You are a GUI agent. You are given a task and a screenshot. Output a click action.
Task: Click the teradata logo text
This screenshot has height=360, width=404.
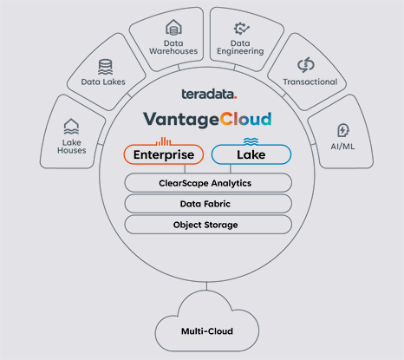click(x=208, y=94)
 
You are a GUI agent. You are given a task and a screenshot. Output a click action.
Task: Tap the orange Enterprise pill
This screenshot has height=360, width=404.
click(x=164, y=154)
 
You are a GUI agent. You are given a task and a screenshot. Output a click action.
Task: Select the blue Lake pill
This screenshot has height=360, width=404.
click(x=251, y=154)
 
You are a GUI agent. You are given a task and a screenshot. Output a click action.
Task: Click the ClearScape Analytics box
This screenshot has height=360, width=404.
click(x=208, y=183)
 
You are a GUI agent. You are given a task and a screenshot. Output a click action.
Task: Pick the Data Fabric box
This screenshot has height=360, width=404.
click(x=208, y=204)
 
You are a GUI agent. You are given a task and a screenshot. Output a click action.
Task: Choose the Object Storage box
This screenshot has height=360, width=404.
click(x=208, y=225)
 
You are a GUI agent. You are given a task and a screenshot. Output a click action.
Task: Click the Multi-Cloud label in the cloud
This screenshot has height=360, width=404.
click(x=207, y=331)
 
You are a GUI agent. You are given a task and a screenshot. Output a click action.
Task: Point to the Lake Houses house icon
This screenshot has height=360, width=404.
click(x=71, y=127)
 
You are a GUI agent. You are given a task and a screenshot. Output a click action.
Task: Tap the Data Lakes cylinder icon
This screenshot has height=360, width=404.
click(x=105, y=67)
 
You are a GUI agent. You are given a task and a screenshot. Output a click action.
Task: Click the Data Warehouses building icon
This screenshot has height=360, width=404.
click(x=173, y=28)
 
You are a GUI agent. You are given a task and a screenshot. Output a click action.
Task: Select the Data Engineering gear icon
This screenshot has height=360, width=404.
click(x=241, y=29)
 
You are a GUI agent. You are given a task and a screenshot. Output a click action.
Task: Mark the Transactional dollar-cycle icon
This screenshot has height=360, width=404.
click(x=306, y=65)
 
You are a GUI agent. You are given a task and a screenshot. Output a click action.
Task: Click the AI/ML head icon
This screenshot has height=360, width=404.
click(x=343, y=130)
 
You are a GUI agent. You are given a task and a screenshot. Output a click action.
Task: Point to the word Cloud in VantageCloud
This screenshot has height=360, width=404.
click(x=245, y=119)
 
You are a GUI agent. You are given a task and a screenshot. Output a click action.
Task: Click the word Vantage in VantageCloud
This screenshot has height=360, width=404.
click(x=181, y=120)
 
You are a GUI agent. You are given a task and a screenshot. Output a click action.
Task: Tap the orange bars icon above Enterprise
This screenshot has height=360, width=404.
click(x=163, y=141)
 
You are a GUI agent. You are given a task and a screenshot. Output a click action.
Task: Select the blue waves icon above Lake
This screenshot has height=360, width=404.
click(x=251, y=141)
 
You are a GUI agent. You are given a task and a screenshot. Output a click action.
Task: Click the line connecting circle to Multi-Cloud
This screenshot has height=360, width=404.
click(x=206, y=286)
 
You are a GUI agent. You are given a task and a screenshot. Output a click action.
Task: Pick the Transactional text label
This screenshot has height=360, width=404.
click(x=310, y=82)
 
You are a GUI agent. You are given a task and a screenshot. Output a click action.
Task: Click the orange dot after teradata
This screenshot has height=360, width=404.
click(x=236, y=98)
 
